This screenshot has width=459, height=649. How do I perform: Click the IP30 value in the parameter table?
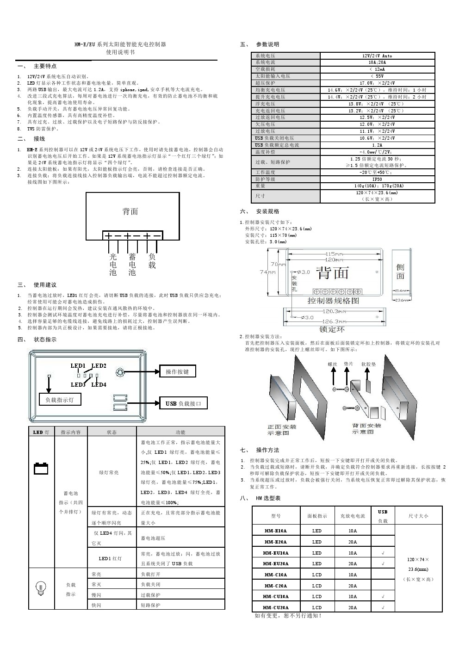[377, 179]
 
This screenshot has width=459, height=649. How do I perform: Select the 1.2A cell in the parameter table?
[377, 145]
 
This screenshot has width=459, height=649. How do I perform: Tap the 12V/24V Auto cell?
[377, 56]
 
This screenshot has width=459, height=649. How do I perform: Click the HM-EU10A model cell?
[276, 553]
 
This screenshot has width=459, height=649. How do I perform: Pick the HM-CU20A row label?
[276, 607]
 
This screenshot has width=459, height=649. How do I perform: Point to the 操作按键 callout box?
[177, 371]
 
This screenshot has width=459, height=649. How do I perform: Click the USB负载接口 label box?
[183, 403]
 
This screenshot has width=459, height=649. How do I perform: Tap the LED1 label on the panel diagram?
[78, 366]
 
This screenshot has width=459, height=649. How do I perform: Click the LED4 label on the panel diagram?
[99, 384]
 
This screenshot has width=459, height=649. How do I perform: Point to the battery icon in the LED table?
[41, 468]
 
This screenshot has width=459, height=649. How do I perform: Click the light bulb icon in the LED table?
[41, 587]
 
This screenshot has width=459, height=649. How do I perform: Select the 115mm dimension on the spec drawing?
[334, 254]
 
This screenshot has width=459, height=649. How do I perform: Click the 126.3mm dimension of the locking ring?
[334, 321]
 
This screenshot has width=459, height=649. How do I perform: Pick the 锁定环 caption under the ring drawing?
[332, 329]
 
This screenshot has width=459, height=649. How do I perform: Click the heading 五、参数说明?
[260, 44]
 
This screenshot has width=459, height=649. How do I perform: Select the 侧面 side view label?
[400, 272]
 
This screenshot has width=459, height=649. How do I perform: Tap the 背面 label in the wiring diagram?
[130, 211]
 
